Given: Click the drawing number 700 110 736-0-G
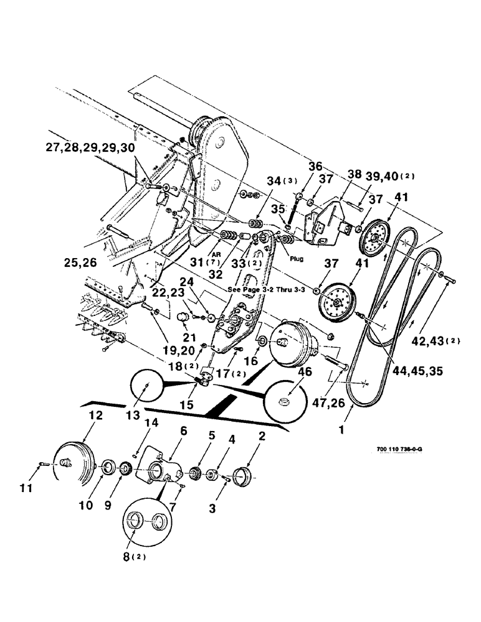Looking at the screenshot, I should pos(404,449).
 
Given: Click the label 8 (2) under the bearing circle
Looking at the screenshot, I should pos(133,557).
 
